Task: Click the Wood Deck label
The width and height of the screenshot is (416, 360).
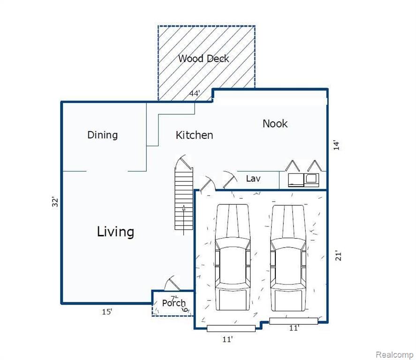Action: [x=204, y=59]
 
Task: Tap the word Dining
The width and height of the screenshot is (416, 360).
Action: [x=102, y=135]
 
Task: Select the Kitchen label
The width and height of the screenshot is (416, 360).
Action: [x=194, y=135]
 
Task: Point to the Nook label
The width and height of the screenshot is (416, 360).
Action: [x=275, y=124]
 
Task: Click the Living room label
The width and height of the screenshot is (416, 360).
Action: [x=115, y=232]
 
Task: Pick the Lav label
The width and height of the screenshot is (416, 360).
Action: [x=253, y=179]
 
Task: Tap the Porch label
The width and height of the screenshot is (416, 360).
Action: [x=174, y=303]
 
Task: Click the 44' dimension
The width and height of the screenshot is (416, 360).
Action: [x=195, y=93]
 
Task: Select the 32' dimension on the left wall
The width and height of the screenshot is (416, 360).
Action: [x=55, y=202]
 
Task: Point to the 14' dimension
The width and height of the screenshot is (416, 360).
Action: [x=336, y=145]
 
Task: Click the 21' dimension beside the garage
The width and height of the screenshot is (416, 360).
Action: [x=338, y=255]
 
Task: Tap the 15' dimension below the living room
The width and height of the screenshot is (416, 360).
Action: [x=107, y=312]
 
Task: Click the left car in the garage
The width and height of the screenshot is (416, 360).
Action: [x=233, y=257]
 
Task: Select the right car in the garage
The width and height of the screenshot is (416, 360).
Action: [x=288, y=258]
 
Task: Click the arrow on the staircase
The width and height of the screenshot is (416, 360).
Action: [x=183, y=220]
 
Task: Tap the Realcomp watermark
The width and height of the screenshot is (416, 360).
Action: [x=394, y=354]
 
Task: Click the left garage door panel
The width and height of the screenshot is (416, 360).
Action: [x=231, y=329]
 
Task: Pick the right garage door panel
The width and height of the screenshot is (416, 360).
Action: [x=294, y=321]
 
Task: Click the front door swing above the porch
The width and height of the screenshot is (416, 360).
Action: [x=172, y=283]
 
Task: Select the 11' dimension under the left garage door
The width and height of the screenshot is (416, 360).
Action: [x=227, y=339]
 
